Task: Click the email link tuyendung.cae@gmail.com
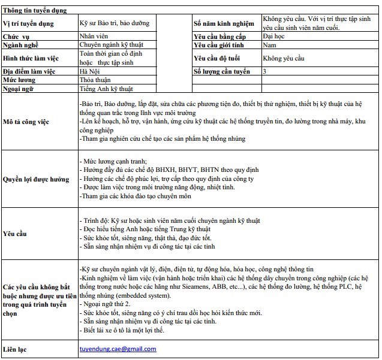(118, 349)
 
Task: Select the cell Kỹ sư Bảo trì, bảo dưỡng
(114, 24)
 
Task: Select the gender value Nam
(269, 45)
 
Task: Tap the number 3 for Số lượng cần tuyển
(265, 71)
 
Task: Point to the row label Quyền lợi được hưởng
(36, 179)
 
